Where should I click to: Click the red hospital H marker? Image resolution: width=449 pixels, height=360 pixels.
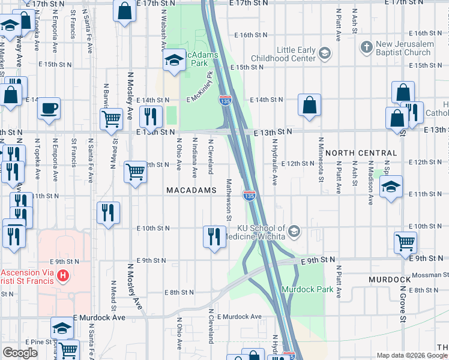click(62, 277)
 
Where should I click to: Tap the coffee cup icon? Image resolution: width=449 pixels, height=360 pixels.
click(49, 109)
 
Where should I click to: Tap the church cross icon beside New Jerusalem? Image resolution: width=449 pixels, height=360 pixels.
click(366, 46)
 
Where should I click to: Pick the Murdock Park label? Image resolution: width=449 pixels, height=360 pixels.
click(300, 289)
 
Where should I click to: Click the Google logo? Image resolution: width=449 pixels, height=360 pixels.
click(20, 353)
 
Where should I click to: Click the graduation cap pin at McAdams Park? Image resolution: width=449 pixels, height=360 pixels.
click(174, 60)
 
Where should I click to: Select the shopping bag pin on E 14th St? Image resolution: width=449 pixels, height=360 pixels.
click(309, 105)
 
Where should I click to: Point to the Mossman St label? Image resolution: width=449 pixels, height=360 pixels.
click(425, 274)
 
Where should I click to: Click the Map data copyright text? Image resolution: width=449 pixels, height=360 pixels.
click(404, 355)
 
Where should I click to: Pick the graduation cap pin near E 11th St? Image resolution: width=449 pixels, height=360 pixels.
click(391, 187)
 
